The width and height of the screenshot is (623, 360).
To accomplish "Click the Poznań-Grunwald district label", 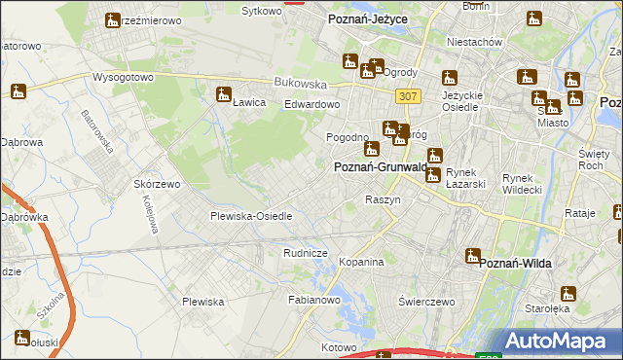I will (381, 167).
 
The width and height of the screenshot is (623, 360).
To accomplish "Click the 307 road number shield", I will (409, 95).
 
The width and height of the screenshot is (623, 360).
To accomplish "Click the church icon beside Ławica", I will (223, 94).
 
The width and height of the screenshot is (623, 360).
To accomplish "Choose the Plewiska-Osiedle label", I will (251, 216).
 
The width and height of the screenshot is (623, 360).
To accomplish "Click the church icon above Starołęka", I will (568, 293).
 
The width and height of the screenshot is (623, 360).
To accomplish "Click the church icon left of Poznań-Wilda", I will (473, 257).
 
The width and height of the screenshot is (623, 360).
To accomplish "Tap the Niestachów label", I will (474, 43).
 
